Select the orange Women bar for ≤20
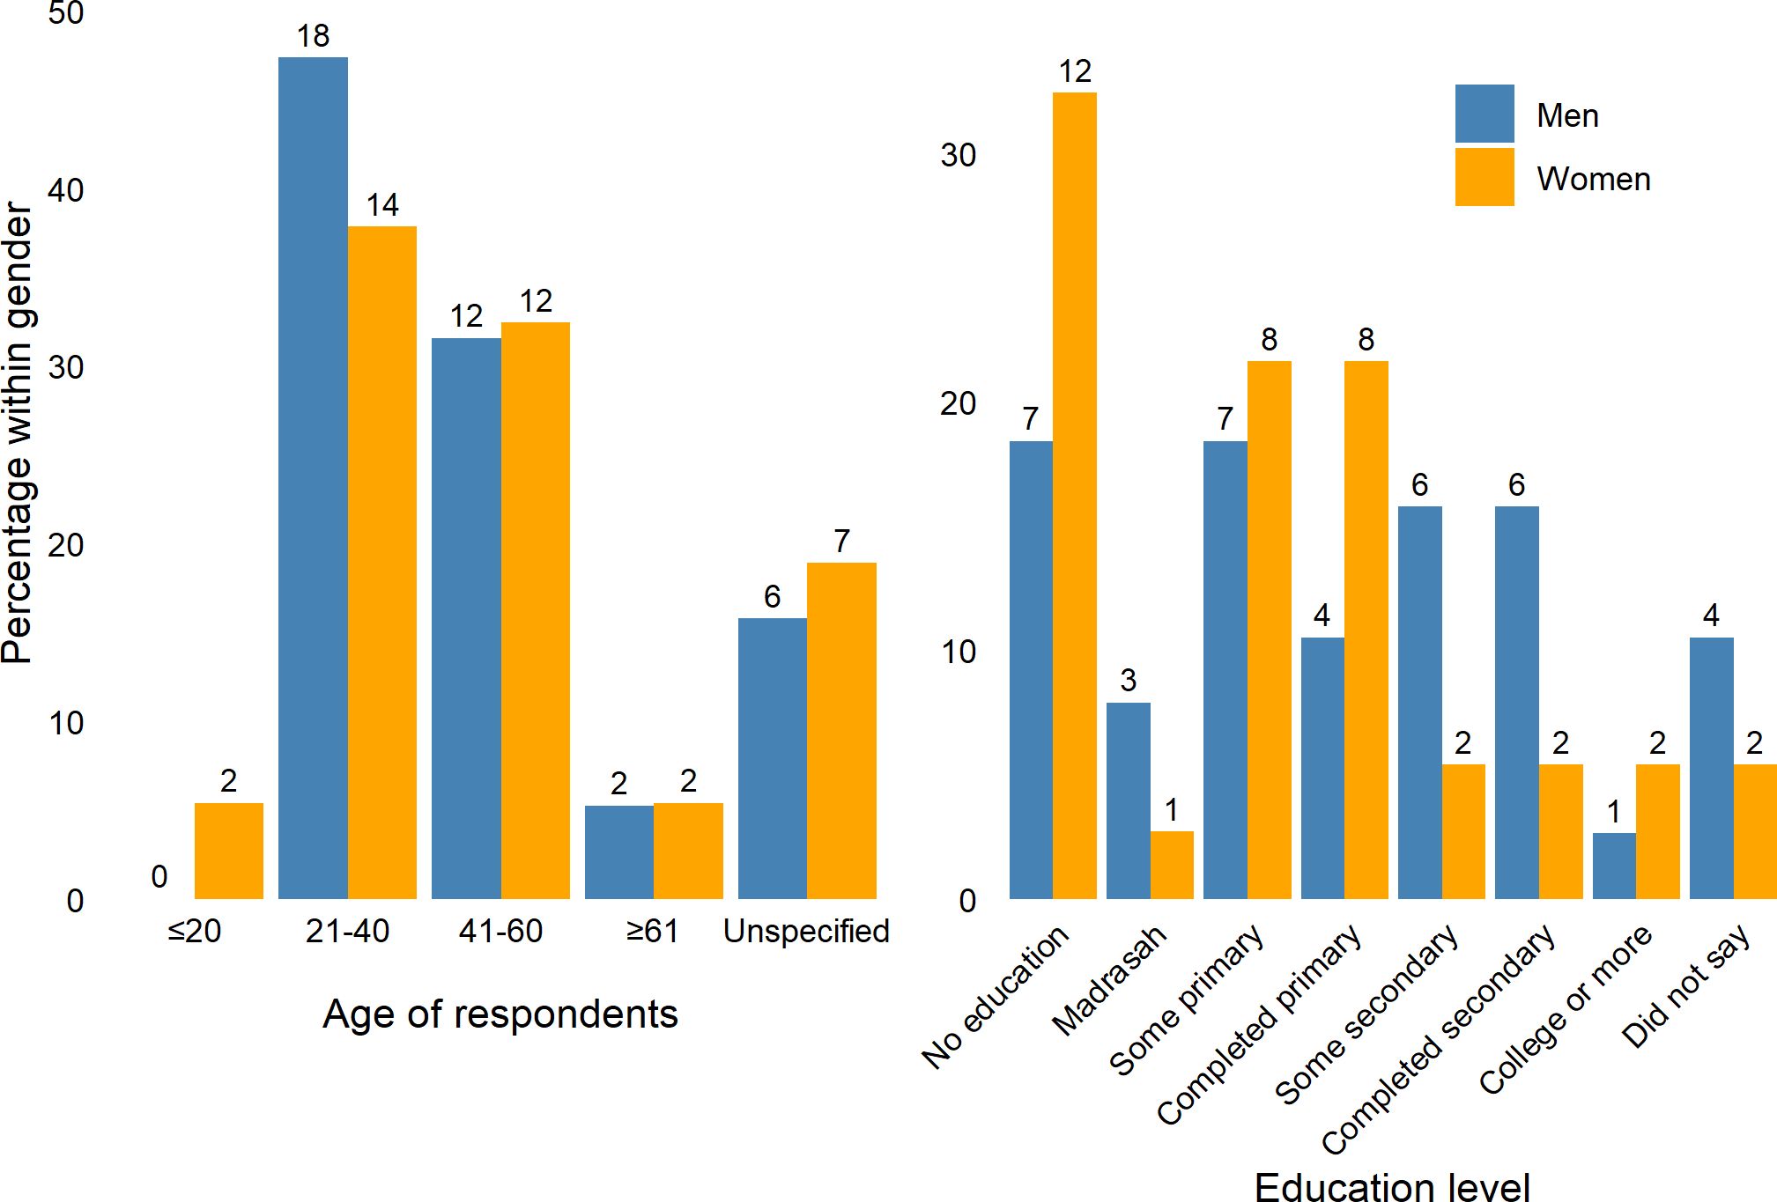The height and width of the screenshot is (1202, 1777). pos(228,851)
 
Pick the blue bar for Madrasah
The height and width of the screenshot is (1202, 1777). pos(1128,800)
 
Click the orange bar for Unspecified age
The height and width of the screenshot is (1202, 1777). pos(841,731)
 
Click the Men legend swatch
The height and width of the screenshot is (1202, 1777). pos(1484,114)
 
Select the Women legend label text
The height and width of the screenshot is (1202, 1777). pos(1593,179)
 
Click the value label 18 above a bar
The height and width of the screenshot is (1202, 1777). pos(313,37)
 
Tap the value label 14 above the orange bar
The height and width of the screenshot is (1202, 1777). pos(382,206)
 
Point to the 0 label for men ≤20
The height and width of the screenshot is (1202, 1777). pos(159,877)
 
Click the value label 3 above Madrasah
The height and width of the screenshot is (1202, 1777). pos(1128,681)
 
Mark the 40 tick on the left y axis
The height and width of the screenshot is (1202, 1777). pos(66,190)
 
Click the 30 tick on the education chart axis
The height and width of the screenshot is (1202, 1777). pos(958,156)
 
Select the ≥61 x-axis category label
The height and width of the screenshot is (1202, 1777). pos(652,932)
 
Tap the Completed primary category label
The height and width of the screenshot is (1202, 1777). pos(1260,1026)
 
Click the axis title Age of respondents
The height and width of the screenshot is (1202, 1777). pos(500,1014)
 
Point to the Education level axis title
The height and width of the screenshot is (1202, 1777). pos(1392,1186)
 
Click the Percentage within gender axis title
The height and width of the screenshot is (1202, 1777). pos(18,431)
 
